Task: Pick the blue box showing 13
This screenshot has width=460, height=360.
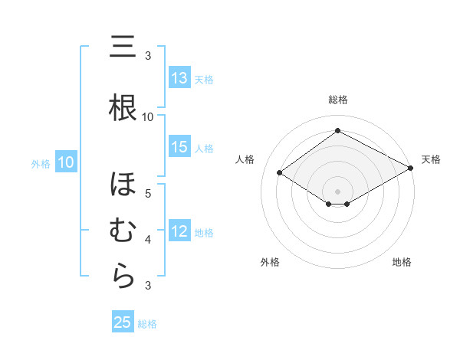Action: click(x=179, y=78)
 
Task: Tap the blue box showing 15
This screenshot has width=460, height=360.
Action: click(x=179, y=147)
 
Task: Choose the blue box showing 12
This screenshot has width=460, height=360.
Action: click(x=179, y=231)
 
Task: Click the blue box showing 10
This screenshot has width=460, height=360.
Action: click(x=66, y=162)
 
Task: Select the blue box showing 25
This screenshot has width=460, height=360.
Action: click(x=123, y=322)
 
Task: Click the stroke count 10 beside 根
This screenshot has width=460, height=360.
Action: click(x=148, y=116)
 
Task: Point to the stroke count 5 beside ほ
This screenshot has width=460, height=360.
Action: click(x=148, y=193)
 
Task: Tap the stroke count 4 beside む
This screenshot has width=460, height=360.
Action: click(x=148, y=240)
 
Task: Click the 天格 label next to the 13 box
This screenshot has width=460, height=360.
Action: click(x=203, y=79)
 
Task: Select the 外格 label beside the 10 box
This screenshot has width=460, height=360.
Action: click(x=40, y=163)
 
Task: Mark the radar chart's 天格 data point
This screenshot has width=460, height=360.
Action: click(x=412, y=168)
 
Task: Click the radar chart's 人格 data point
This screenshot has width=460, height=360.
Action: click(x=280, y=173)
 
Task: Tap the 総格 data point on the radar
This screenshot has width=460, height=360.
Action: click(x=337, y=131)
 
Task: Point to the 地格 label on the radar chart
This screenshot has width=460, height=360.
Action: click(x=402, y=263)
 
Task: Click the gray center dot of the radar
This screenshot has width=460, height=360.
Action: click(x=337, y=191)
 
